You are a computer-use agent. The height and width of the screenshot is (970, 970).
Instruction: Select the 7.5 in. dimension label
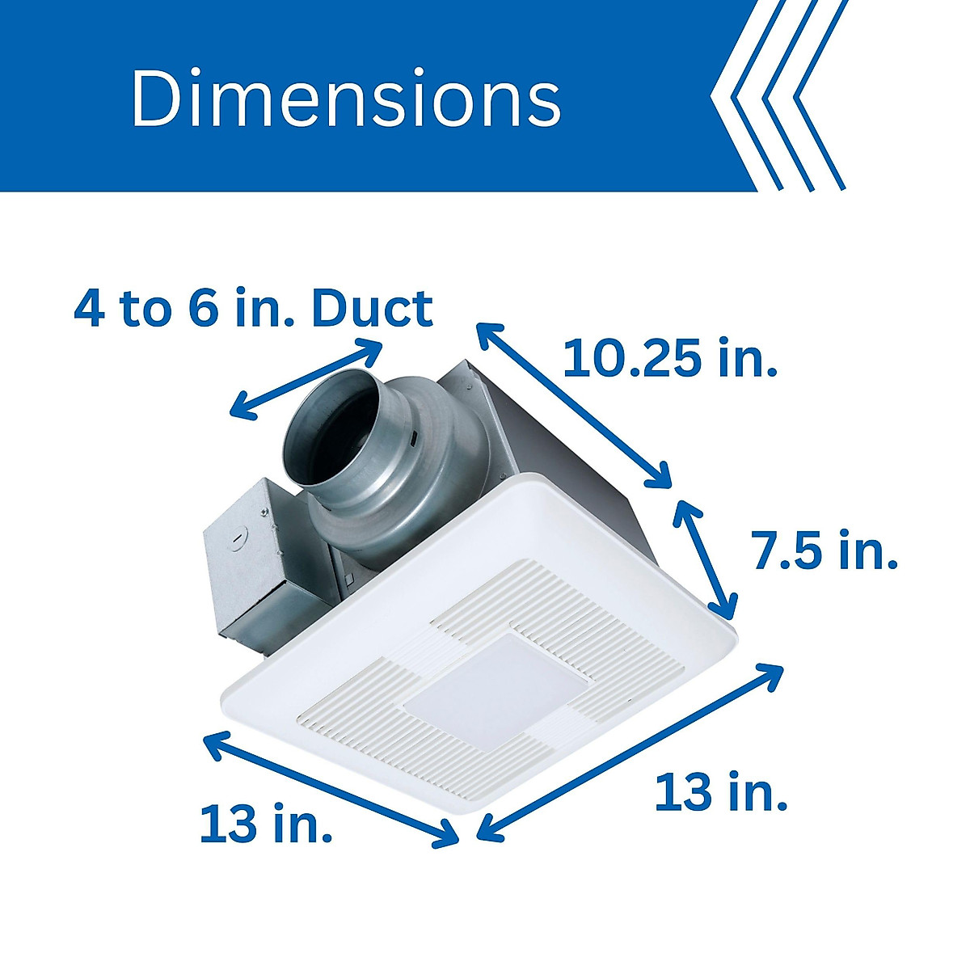(824, 550)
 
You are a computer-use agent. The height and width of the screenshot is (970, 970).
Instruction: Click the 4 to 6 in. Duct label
(253, 308)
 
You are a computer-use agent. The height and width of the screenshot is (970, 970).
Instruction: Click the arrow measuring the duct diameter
(306, 378)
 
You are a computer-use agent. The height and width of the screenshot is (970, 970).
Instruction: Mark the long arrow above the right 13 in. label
(630, 752)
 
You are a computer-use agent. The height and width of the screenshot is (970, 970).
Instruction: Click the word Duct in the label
(372, 308)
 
